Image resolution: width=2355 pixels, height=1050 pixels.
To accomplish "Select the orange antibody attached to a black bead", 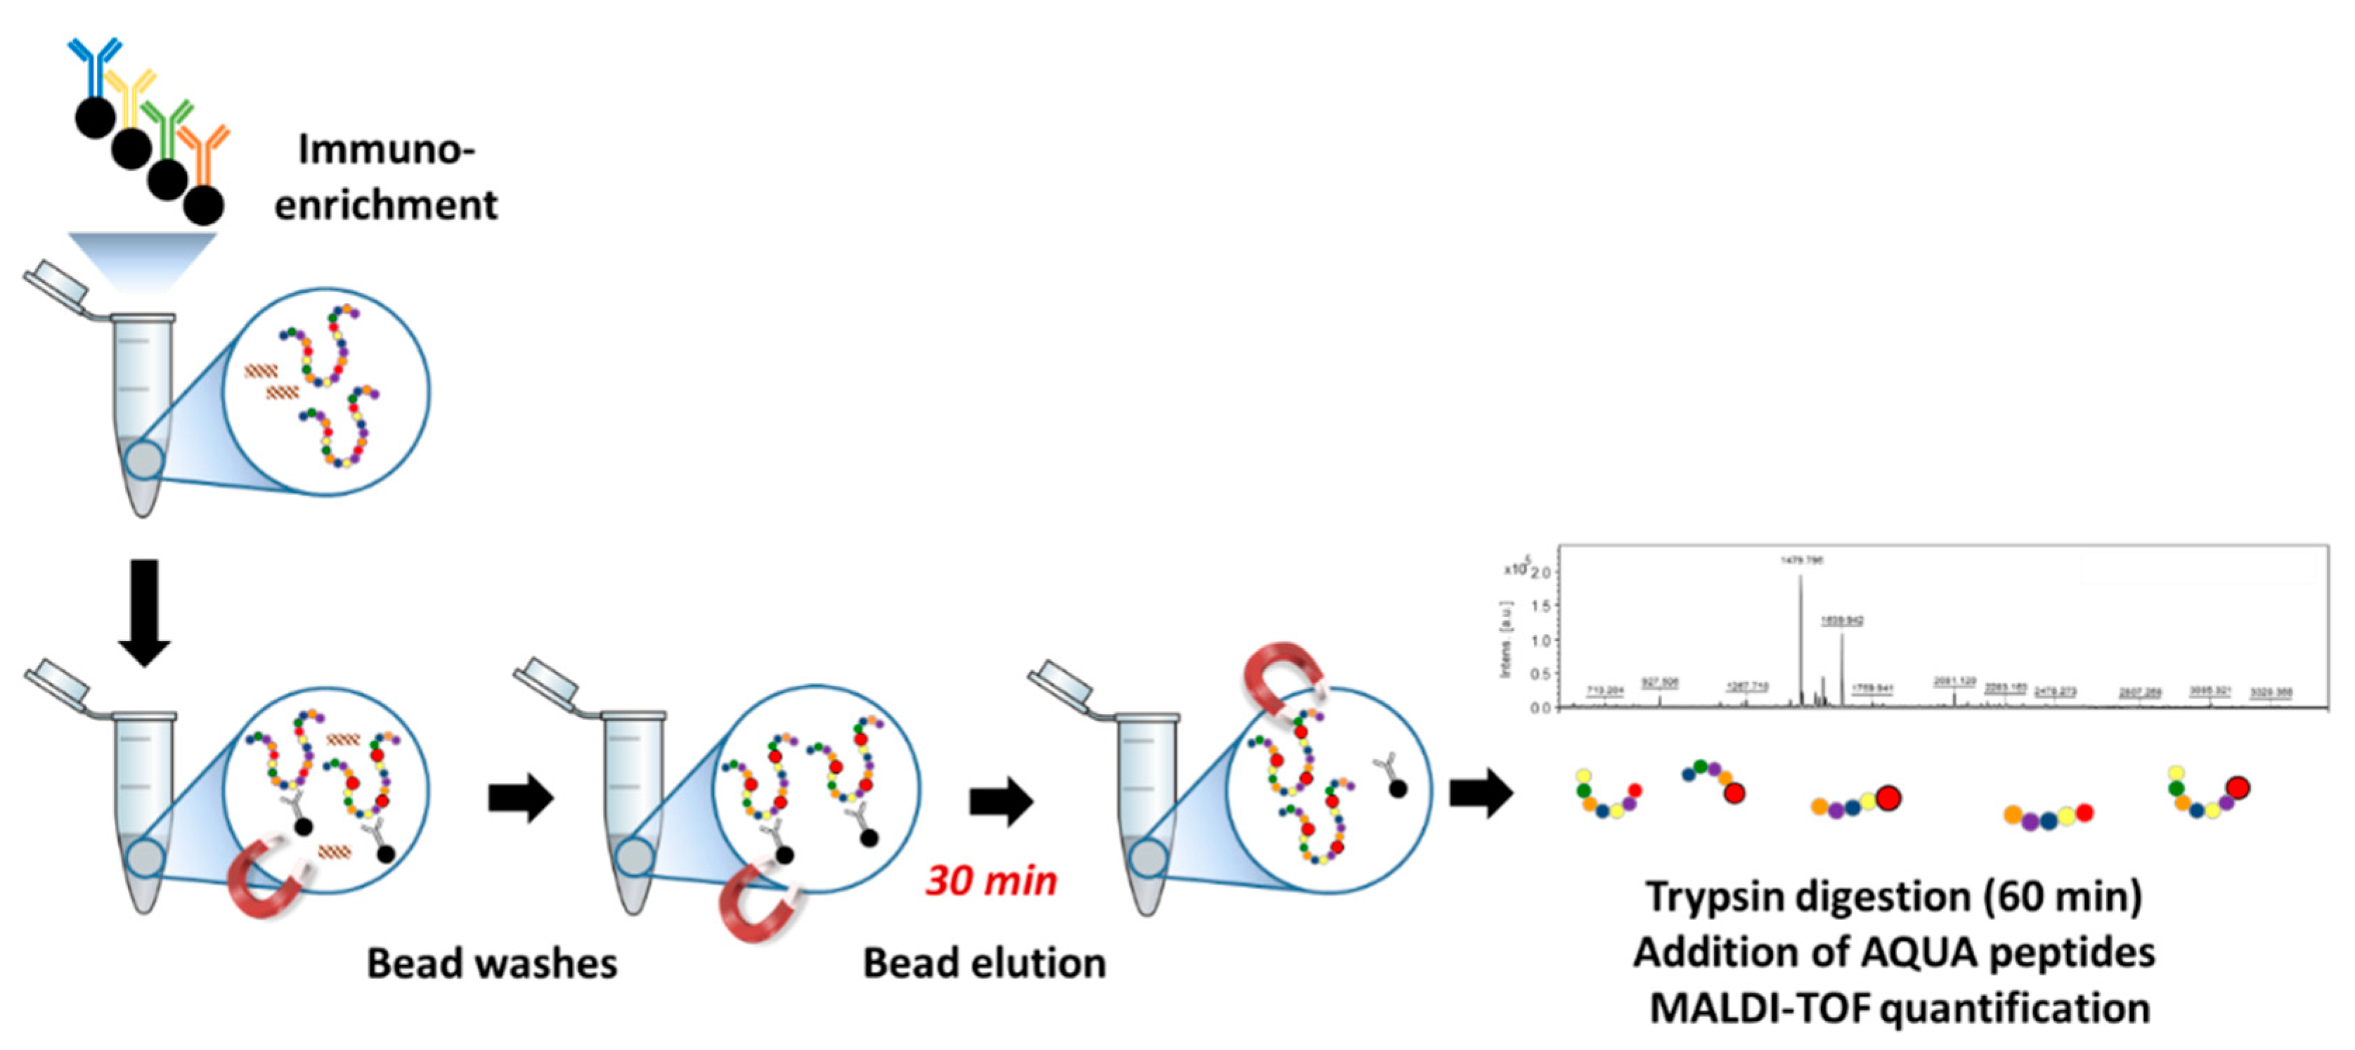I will [203, 151].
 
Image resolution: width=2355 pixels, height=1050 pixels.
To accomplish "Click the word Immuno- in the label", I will [386, 149].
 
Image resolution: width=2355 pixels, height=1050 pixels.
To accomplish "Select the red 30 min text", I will [991, 881].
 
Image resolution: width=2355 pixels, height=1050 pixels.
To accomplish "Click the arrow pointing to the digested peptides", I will [1481, 792].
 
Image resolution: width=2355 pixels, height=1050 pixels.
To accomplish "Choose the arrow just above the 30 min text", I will [1000, 801].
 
